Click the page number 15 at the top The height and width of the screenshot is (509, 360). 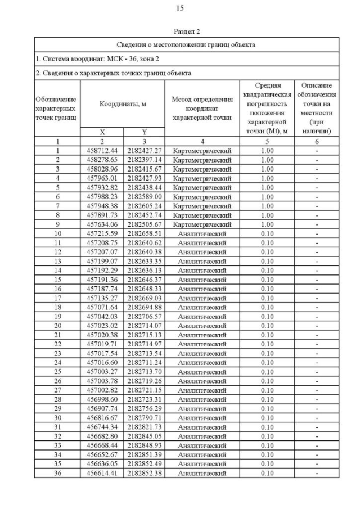(180, 8)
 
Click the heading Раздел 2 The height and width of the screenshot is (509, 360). (187, 31)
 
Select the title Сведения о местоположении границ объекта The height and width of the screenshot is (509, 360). (186, 44)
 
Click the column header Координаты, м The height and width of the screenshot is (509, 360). (123, 103)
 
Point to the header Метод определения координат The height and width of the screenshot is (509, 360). (202, 103)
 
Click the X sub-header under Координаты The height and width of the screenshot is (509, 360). (102, 132)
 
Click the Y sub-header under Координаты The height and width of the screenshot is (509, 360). (144, 132)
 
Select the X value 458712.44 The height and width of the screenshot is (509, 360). (102, 151)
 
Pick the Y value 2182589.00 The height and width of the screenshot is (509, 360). (144, 197)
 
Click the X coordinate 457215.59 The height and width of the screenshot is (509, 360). (102, 233)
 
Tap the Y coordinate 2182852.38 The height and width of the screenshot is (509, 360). (144, 474)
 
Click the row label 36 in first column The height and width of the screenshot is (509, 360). (57, 474)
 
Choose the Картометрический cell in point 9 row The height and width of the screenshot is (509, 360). (202, 224)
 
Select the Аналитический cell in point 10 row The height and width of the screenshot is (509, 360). (202, 233)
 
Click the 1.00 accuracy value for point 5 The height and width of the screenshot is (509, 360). (267, 187)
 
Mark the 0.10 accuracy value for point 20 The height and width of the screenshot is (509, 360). (267, 326)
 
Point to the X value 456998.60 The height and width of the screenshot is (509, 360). (102, 399)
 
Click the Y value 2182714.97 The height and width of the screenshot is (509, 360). (144, 344)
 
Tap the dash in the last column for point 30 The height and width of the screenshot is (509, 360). (317, 418)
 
